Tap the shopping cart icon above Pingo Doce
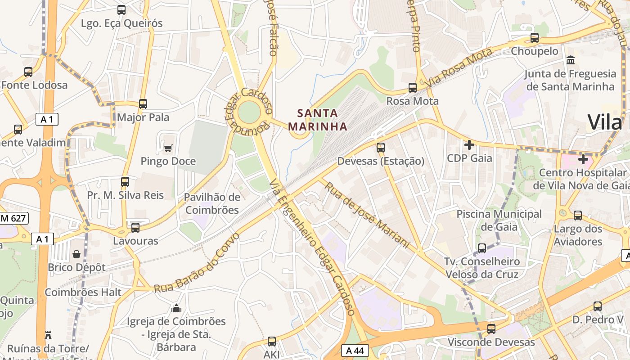[168, 148]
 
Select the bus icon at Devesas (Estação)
[381, 148]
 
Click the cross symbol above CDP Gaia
[469, 145]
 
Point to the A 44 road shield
[355, 351]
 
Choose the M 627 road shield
[13, 219]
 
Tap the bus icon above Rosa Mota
[413, 88]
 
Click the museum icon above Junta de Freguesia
[571, 60]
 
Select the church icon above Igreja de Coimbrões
[176, 308]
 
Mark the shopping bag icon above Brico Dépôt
[76, 254]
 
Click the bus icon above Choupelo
[535, 38]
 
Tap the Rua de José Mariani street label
[367, 215]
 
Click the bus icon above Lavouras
[135, 228]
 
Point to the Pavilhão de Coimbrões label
[212, 203]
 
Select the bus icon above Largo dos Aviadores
[578, 216]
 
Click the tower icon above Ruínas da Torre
[48, 335]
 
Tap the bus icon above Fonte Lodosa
[28, 72]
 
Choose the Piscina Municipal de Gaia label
[499, 220]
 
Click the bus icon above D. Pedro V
[598, 306]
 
